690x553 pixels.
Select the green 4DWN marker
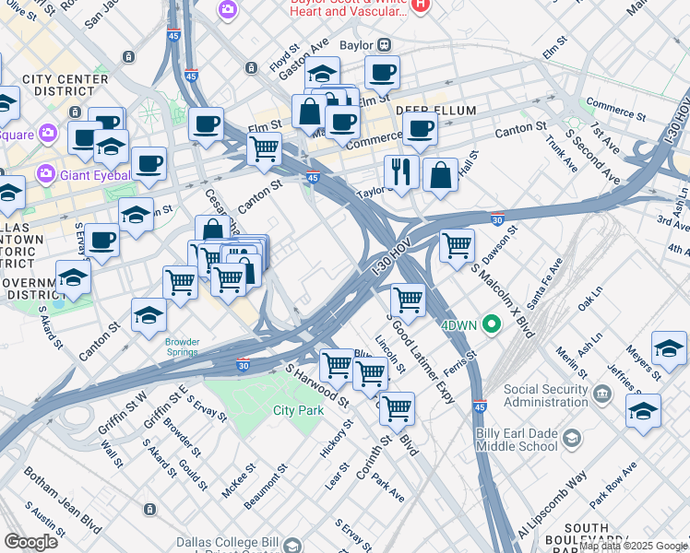pyautogui.click(x=492, y=324)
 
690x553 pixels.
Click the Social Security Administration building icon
pyautogui.click(x=602, y=394)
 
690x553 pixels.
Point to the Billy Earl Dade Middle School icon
pyautogui.click(x=571, y=437)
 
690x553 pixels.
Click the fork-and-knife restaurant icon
pyautogui.click(x=401, y=171)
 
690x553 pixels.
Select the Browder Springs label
pyautogui.click(x=182, y=347)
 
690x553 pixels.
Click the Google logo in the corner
pyautogui.click(x=30, y=541)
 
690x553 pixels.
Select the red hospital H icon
pyautogui.click(x=421, y=6)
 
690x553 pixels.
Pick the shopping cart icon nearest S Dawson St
pyautogui.click(x=457, y=246)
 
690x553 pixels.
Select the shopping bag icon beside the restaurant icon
pyautogui.click(x=441, y=174)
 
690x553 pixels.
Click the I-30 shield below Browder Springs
pyautogui.click(x=244, y=366)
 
